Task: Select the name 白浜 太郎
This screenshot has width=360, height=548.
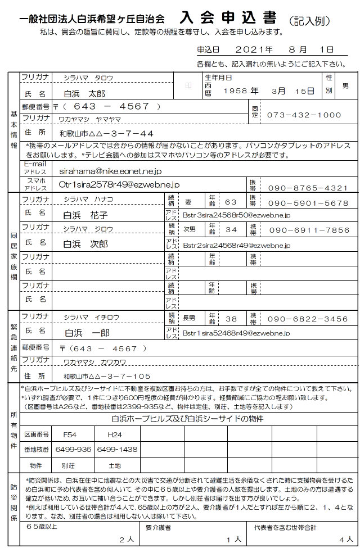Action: [x=85, y=93]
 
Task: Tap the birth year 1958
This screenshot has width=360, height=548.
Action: [x=236, y=90]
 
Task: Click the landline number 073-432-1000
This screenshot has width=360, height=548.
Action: [x=304, y=115]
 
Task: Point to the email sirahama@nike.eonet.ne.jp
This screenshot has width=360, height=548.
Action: [x=110, y=170]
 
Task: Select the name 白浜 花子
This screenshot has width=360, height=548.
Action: [x=85, y=215]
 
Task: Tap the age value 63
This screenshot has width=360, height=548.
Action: [x=231, y=202]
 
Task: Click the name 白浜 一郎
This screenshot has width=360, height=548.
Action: [x=87, y=333]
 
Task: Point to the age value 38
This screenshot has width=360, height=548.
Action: [x=231, y=319]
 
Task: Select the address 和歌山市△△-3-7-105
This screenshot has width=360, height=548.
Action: [x=107, y=376]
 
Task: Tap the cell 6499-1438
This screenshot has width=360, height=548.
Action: [x=117, y=449]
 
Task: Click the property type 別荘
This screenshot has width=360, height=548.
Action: [x=68, y=466]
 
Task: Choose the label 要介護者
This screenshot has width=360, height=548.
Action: [x=159, y=527]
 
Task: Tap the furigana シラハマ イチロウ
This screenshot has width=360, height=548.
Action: [x=91, y=318]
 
